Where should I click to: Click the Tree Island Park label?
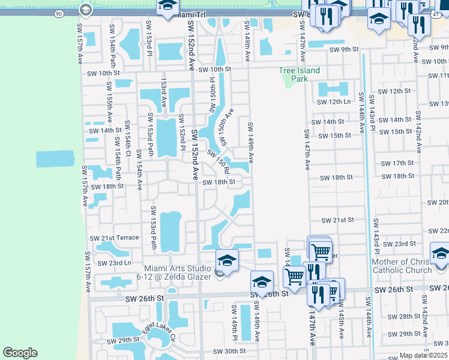pyautogui.click(x=300, y=74)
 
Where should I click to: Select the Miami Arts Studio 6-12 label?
pyautogui.click(x=177, y=272)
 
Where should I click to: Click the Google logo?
pyautogui.click(x=20, y=353)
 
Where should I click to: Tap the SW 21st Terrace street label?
pyautogui.click(x=115, y=238)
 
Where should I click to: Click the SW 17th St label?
pyautogui.click(x=397, y=163)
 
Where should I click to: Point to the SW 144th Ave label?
pyautogui.click(x=361, y=113)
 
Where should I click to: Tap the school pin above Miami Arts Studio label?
pyautogui.click(x=227, y=259)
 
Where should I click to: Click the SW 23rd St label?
pyautogui.click(x=399, y=244)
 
